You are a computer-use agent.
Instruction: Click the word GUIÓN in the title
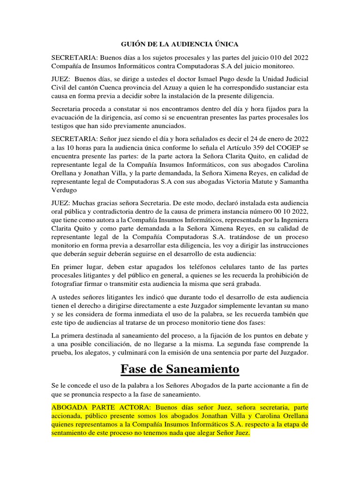click(133, 44)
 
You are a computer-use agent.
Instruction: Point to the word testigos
click(64, 127)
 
